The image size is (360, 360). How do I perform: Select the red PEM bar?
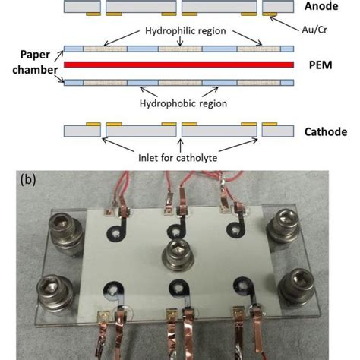[x=178, y=65]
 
